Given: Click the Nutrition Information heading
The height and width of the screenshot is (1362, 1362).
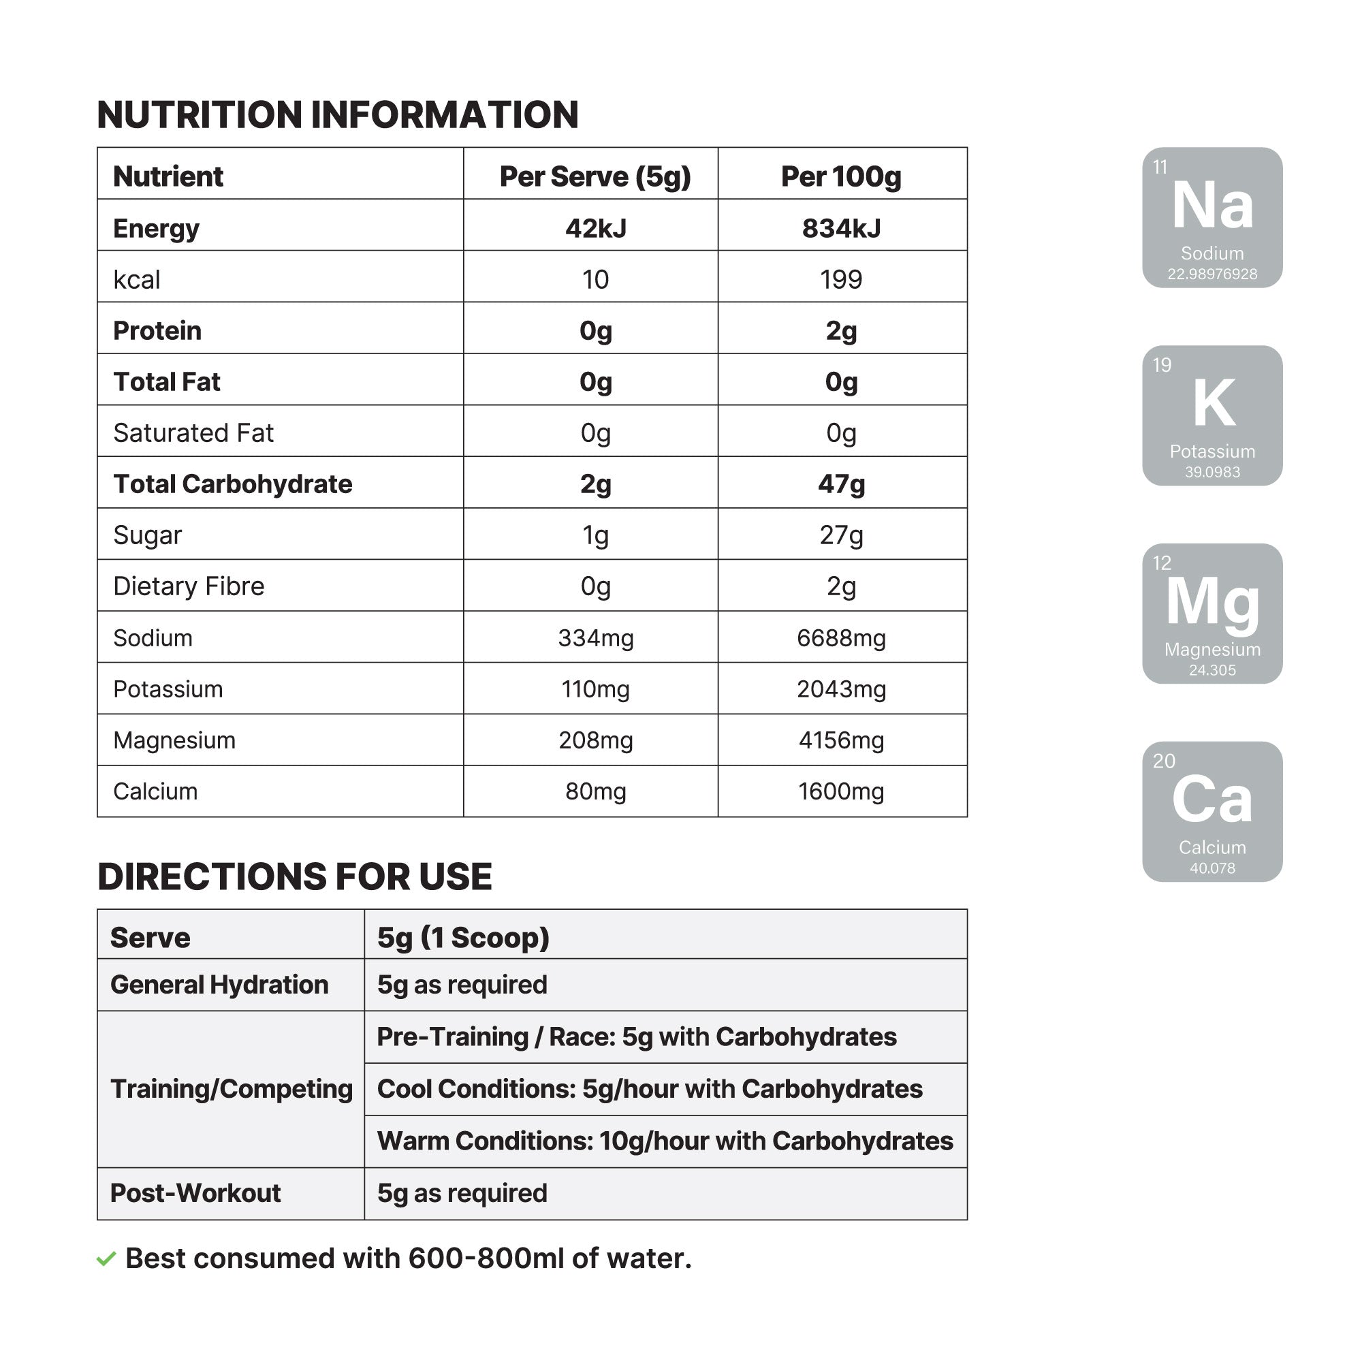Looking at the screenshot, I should click(x=338, y=115).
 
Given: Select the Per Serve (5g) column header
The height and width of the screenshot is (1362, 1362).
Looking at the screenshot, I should click(x=595, y=176).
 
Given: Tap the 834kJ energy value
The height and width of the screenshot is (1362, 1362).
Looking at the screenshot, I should click(x=841, y=228).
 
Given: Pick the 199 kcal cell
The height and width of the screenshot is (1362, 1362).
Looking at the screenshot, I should click(x=841, y=280).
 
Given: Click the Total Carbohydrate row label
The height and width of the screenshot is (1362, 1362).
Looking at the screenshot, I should click(x=233, y=484).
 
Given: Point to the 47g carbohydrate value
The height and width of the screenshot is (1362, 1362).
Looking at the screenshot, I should click(x=841, y=484).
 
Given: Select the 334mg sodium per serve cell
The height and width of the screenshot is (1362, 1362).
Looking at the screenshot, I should click(x=596, y=638).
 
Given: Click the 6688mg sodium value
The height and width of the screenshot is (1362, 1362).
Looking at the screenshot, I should click(x=841, y=638).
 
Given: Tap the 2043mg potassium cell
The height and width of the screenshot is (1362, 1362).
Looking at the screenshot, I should click(x=841, y=689).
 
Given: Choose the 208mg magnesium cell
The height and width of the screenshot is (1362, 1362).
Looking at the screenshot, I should click(x=596, y=740).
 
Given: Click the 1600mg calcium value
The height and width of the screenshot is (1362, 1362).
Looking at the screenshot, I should click(x=841, y=792).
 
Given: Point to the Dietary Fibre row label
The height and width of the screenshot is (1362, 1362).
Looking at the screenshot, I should click(x=189, y=586).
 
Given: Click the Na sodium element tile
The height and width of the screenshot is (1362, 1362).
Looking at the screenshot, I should click(x=1212, y=217).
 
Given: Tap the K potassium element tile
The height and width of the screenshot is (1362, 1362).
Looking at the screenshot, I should click(x=1212, y=415).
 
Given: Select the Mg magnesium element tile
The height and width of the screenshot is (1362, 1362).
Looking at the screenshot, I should click(x=1212, y=614).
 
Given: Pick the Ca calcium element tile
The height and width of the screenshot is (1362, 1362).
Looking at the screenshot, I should click(x=1212, y=812).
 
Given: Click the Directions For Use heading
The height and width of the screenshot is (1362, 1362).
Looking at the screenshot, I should click(x=295, y=877).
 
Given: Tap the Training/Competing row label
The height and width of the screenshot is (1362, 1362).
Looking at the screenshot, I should click(x=232, y=1089).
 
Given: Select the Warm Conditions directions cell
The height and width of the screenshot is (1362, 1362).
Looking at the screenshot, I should click(x=665, y=1141).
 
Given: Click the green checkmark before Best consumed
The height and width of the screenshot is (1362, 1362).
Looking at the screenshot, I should click(x=106, y=1259).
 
